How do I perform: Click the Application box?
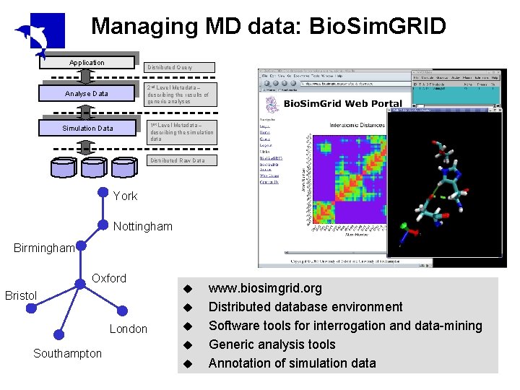(x=87, y=63)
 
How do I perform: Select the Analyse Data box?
(x=87, y=93)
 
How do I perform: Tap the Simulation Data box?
(x=87, y=128)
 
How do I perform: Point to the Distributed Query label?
(x=170, y=68)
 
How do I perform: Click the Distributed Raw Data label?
(x=177, y=160)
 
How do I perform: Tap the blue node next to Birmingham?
(x=81, y=246)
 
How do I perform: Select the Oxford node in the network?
(x=80, y=283)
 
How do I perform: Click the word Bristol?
(x=21, y=295)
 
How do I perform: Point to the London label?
(x=128, y=329)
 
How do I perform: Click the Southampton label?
(x=67, y=353)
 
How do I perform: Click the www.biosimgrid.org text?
(x=265, y=288)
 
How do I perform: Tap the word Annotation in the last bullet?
(x=237, y=363)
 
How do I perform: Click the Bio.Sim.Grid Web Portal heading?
(x=342, y=103)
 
